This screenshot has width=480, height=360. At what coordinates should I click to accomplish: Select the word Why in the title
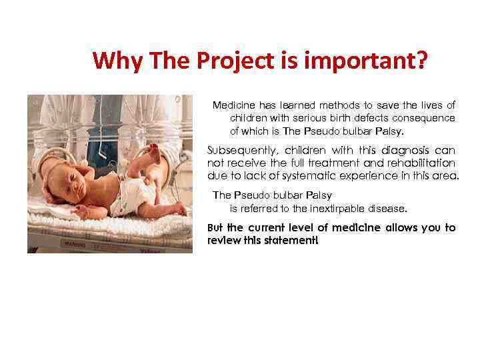point(118,62)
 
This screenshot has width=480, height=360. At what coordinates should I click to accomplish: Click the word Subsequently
point(236,150)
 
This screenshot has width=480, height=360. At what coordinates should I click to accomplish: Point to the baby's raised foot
point(154,151)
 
